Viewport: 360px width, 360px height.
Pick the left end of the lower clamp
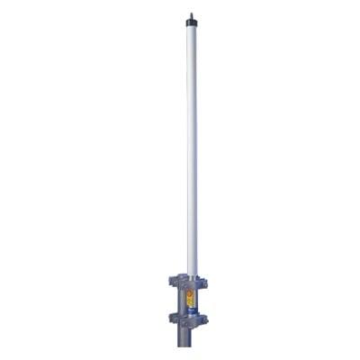[x=171, y=318]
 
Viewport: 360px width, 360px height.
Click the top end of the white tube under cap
[x=192, y=28]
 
